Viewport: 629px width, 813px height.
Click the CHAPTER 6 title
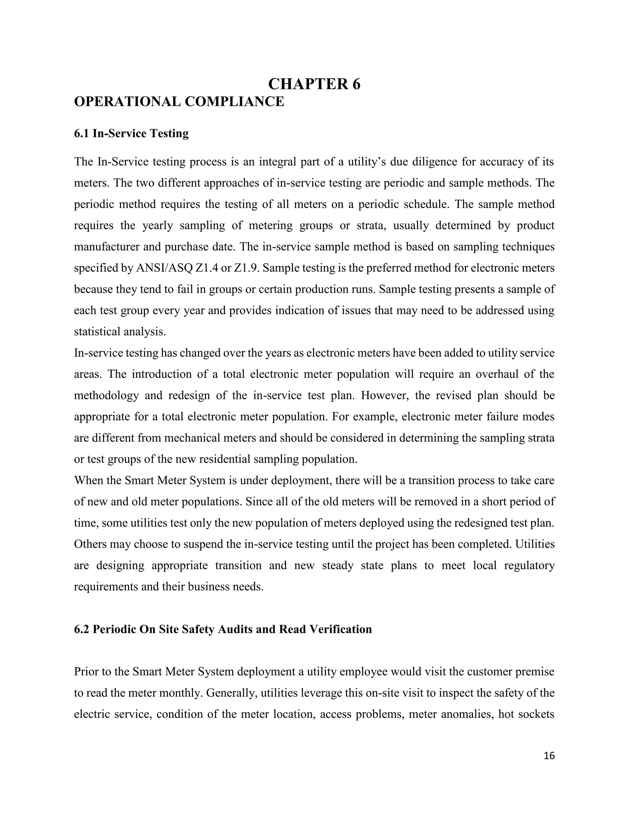(314, 84)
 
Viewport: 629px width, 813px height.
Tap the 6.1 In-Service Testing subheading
(131, 133)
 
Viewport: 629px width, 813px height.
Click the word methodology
(106, 395)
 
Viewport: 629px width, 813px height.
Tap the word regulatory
(529, 565)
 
